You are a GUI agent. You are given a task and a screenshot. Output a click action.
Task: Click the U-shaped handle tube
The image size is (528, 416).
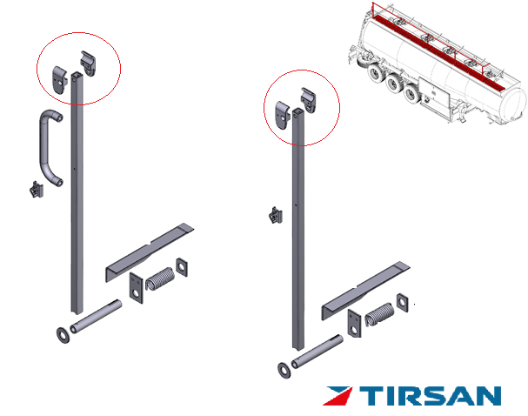click(x=44, y=148)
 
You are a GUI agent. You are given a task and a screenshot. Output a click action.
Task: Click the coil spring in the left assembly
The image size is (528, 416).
click(x=160, y=278)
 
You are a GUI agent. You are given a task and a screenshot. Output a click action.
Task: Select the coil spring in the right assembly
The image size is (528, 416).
click(x=379, y=314)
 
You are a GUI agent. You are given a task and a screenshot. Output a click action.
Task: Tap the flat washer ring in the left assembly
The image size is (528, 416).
click(x=63, y=335)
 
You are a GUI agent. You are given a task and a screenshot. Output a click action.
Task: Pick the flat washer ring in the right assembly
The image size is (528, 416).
click(x=284, y=370)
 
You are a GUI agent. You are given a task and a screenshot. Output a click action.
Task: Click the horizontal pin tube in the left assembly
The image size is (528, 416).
click(x=96, y=316)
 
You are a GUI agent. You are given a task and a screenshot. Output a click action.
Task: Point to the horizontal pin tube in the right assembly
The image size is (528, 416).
click(x=317, y=352)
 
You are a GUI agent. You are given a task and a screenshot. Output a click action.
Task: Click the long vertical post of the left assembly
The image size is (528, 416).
click(x=77, y=192)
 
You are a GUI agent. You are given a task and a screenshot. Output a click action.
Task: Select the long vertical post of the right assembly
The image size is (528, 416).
click(x=298, y=229)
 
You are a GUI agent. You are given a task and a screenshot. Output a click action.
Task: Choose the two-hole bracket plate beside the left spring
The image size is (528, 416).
click(x=137, y=288)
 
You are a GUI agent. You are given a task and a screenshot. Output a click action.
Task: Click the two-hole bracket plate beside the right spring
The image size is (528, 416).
click(x=354, y=324)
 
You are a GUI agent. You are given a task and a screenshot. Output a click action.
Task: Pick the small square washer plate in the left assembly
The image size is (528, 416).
click(x=182, y=267)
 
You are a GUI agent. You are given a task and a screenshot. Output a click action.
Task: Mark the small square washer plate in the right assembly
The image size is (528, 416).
click(x=403, y=303)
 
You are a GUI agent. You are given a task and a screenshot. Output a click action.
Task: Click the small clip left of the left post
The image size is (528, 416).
click(x=37, y=190)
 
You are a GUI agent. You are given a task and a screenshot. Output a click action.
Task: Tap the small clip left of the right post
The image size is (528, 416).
click(x=276, y=215)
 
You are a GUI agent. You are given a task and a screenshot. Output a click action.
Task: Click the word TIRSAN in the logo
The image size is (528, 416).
click(x=430, y=396)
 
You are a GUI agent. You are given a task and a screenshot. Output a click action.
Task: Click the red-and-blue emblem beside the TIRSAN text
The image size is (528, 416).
click(x=338, y=396)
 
